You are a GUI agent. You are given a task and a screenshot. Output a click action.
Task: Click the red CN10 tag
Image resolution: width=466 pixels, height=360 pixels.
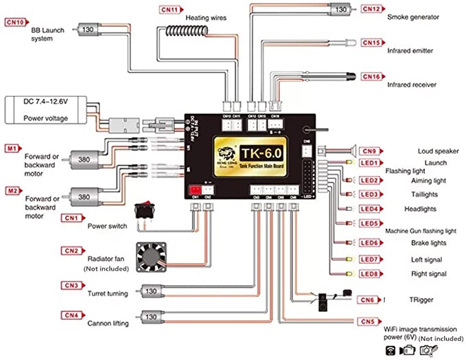click(16, 22)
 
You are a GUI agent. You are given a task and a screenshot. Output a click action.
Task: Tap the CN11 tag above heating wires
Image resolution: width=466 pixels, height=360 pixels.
click(171, 10)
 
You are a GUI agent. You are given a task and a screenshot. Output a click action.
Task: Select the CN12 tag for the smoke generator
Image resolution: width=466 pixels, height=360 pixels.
click(371, 9)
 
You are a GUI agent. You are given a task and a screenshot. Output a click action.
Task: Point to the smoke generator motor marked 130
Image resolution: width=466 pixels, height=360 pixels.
click(339, 10)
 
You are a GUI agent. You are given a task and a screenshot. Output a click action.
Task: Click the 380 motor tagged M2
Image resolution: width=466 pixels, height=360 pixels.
click(83, 197)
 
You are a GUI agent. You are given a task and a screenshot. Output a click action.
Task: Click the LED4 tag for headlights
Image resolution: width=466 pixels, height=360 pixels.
click(371, 209)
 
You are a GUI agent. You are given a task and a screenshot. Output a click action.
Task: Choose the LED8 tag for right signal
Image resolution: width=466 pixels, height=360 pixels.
click(371, 273)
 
